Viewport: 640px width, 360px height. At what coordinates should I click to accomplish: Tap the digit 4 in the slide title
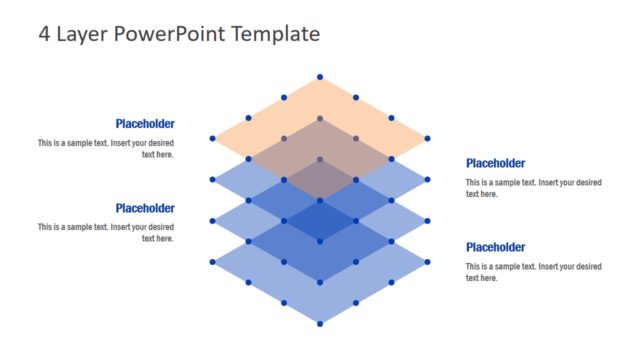pos(44,34)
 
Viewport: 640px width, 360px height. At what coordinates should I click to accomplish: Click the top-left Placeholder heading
pos(145,124)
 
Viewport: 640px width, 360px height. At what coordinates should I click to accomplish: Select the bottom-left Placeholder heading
pos(145,208)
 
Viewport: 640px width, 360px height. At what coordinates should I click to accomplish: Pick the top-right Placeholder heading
pos(496,163)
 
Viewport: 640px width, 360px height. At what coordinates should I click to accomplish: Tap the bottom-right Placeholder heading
pos(496,247)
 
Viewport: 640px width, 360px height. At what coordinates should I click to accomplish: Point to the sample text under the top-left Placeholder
pos(106,148)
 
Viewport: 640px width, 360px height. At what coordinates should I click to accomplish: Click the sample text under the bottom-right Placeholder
pos(533,272)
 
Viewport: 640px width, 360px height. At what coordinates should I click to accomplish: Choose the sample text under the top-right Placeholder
pos(533,188)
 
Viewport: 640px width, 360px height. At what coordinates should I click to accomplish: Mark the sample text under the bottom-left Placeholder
pos(106,232)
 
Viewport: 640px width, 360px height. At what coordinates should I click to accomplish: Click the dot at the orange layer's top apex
pos(320,77)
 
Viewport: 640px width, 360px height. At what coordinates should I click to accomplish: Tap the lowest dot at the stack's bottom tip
pos(320,323)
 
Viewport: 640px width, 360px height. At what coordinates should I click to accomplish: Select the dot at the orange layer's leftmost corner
pos(213,138)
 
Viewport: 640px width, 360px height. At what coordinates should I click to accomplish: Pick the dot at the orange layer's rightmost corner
pos(427,138)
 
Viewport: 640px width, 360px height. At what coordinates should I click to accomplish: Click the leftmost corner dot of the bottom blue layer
pos(213,262)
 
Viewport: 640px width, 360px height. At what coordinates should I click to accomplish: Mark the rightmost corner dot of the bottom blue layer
pos(427,262)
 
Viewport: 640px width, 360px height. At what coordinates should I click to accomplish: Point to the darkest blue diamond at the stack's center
pos(320,220)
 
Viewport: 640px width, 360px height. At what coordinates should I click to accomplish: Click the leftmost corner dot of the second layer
pos(213,180)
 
